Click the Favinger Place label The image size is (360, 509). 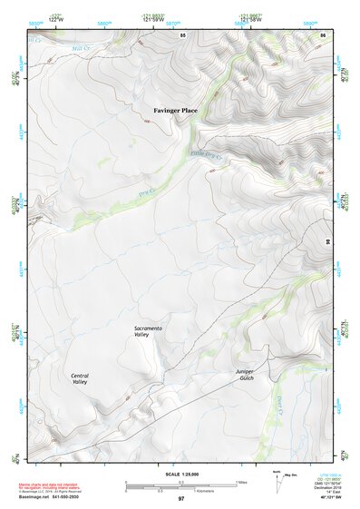[x=174, y=111]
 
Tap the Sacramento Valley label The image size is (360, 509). [x=147, y=331]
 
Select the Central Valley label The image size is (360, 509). [x=79, y=378]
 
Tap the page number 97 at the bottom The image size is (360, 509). [x=181, y=499]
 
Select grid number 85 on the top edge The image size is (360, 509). [x=183, y=34]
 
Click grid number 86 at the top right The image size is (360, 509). [x=323, y=34]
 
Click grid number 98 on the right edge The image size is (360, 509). [x=327, y=240]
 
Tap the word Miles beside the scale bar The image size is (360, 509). [x=242, y=482]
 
